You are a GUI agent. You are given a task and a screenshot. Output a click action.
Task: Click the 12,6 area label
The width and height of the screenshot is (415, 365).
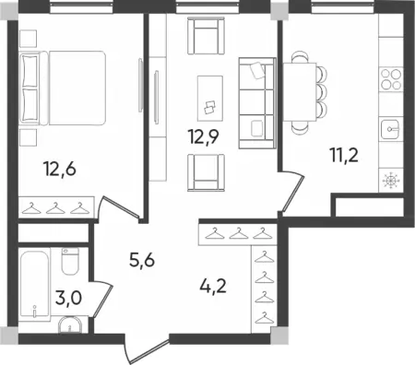click(60, 170)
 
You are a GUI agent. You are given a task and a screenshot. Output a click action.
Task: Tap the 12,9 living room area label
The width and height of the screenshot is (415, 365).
click(204, 136)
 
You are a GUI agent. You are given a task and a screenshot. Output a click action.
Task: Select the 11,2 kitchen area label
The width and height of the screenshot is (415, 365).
click(344, 155)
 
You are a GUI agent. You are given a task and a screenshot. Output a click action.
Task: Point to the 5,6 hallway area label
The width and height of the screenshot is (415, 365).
click(142, 261)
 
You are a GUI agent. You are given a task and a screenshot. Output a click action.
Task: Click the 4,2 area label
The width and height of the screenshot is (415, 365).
click(213, 287)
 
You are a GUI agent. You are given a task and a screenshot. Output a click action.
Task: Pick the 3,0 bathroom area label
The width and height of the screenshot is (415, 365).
click(68, 298)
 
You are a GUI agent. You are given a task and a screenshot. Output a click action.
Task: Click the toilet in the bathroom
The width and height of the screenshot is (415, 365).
click(70, 261)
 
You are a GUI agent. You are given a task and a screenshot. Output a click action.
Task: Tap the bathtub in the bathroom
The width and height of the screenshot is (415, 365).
click(34, 284)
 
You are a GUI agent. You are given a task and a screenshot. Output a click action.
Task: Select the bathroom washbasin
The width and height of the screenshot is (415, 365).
click(70, 325)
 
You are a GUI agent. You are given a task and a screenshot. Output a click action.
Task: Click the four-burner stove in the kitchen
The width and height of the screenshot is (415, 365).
click(391, 79)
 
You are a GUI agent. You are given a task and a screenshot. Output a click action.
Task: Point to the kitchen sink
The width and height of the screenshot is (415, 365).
click(391, 129)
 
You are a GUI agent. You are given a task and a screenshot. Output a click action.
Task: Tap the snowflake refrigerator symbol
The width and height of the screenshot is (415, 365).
click(391, 181)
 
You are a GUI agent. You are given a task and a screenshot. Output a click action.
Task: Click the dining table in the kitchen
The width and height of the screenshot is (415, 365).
click(300, 91)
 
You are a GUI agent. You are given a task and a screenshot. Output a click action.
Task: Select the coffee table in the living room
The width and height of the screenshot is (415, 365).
click(210, 98)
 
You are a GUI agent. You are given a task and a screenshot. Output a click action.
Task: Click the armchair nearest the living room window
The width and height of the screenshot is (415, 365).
click(206, 36)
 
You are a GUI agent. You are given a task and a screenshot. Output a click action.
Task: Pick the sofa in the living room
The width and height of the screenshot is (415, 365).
click(257, 103)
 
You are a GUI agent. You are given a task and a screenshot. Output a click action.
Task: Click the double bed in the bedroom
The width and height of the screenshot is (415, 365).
click(63, 88)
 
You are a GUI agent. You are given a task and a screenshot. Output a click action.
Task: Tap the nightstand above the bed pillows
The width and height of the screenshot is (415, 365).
click(28, 39)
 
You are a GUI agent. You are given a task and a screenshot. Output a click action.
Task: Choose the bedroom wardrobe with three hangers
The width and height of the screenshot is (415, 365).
click(56, 207)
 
